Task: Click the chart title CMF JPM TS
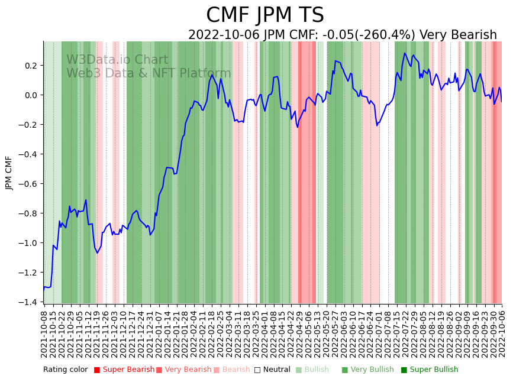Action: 264,15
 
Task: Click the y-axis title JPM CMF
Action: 9,173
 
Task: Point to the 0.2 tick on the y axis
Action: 31,66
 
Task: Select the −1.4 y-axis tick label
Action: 28,302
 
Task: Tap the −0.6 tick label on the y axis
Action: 28,184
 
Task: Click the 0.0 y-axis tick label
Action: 31,95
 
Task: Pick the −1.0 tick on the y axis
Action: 28,243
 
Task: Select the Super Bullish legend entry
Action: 434,370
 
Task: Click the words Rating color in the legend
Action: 65,370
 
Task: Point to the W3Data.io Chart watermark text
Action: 117,60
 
